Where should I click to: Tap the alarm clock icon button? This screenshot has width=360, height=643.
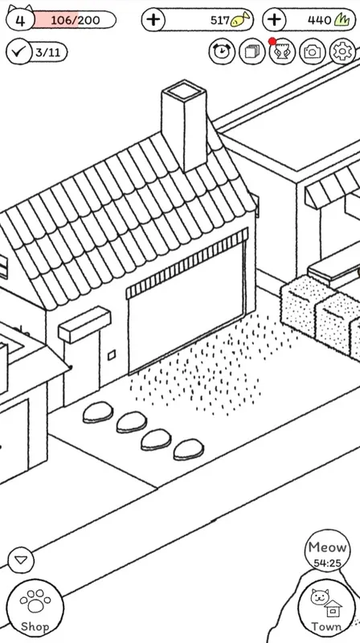(x=222, y=51)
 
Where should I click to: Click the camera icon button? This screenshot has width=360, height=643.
(x=313, y=51)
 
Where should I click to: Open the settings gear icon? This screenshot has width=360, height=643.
(x=342, y=51)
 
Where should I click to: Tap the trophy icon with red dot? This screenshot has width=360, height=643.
(x=282, y=51)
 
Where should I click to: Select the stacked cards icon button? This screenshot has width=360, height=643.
(x=252, y=51)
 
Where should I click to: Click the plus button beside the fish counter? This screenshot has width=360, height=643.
(x=153, y=19)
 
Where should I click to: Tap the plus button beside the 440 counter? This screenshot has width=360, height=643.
(x=274, y=19)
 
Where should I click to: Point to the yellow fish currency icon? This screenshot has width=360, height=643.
(x=239, y=19)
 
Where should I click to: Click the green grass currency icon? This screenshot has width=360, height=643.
(x=342, y=19)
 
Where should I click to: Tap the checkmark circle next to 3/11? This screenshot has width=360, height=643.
(x=18, y=51)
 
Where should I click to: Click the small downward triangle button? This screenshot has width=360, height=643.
(x=21, y=559)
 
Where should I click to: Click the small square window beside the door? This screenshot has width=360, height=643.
(x=112, y=355)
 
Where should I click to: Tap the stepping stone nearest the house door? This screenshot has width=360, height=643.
(x=98, y=412)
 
